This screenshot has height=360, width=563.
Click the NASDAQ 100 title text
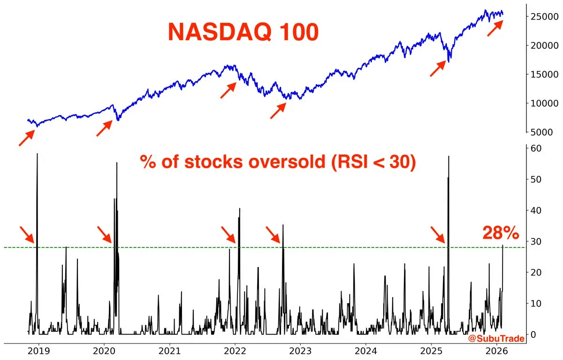point(243,32)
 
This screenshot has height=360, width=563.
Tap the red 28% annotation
point(501,233)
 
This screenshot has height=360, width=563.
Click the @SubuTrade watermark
point(496,338)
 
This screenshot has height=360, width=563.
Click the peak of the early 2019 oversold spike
point(37,154)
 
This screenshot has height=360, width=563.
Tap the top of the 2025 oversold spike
point(449,156)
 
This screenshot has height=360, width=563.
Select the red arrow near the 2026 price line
point(495,29)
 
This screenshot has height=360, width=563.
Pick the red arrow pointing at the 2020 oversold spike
point(105,234)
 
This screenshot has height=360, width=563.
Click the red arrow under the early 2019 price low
point(26,138)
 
